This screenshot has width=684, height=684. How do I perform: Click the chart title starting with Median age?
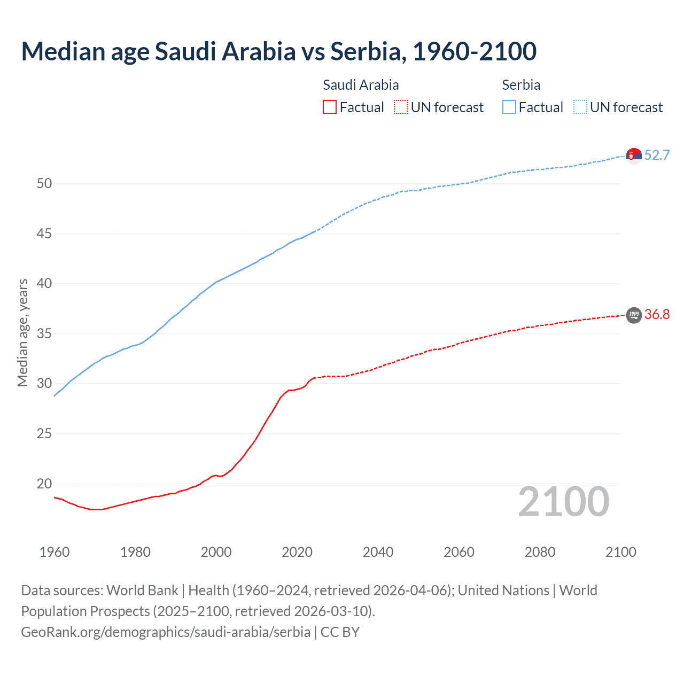(x=278, y=51)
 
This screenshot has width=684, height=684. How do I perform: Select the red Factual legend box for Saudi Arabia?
(x=330, y=107)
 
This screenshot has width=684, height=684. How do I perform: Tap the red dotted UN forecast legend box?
(x=401, y=107)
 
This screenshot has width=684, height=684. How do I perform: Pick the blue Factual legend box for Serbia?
(x=509, y=107)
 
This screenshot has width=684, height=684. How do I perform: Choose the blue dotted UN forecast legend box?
(x=580, y=107)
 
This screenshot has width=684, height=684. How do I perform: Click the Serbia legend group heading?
(x=521, y=85)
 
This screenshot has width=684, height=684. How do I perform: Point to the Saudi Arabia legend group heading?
(x=361, y=85)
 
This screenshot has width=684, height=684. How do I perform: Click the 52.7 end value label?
(x=657, y=155)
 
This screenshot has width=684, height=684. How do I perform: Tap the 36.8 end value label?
(x=657, y=314)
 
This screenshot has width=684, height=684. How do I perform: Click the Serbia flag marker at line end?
(x=634, y=156)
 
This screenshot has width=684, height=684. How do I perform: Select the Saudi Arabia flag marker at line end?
(x=634, y=315)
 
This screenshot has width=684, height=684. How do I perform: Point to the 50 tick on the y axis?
(x=44, y=184)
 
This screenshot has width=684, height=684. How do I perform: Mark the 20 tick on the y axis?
(x=44, y=484)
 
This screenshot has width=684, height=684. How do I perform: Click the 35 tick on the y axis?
(x=44, y=334)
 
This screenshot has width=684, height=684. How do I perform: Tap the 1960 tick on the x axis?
(x=55, y=552)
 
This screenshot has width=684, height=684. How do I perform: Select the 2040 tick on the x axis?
(x=378, y=552)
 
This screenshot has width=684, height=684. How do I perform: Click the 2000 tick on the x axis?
(x=216, y=552)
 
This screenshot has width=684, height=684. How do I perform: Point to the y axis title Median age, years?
(x=22, y=332)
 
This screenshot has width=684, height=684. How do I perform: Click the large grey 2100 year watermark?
(x=563, y=502)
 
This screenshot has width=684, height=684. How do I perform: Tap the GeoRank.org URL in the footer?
(x=166, y=632)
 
